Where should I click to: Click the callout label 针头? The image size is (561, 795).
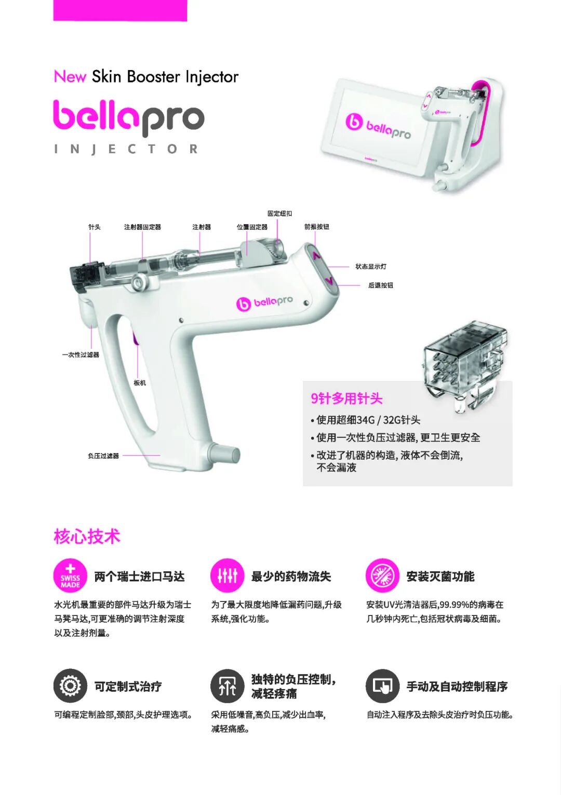95,227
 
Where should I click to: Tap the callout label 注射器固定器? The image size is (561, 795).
142,227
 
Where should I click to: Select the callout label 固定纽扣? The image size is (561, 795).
279,213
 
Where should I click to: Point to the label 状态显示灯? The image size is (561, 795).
371,266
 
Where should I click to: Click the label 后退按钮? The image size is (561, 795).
381,285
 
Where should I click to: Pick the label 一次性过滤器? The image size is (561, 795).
81,354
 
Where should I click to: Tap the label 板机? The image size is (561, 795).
140,382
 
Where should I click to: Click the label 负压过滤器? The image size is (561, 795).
103,456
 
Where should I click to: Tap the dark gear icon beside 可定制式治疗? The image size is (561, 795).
70,686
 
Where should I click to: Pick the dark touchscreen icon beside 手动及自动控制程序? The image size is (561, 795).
382,686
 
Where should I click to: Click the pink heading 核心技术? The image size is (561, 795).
87,536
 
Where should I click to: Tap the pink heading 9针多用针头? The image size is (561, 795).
347,399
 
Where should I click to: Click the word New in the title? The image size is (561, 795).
70,76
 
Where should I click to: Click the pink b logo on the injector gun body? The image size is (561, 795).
244,304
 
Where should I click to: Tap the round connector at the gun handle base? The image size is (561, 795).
223,454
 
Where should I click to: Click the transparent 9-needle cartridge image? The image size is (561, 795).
465,367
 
